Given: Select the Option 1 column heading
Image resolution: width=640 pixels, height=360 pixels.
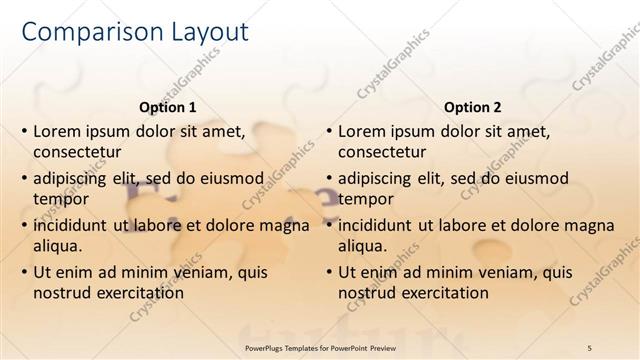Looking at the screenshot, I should coord(166,107).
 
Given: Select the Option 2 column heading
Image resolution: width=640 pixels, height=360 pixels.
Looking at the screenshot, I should coord(473,107).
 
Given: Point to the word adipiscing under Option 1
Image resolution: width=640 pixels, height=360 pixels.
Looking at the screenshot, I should coord(73,178).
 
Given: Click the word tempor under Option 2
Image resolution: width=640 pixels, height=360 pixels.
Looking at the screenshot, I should coord(362,199).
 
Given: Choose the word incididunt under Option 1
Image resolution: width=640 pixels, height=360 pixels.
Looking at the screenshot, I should coord(71,225).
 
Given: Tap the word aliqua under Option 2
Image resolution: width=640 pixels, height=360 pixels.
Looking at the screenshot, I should coord(364,246).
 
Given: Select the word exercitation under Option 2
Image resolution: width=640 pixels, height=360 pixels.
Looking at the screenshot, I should coord(441,293).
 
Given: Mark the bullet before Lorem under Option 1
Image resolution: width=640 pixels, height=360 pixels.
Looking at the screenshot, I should coord(24,132).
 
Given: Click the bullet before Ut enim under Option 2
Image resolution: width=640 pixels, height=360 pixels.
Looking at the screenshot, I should coord(329,273).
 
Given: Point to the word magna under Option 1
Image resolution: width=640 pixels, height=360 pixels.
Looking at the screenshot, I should coord(284,225).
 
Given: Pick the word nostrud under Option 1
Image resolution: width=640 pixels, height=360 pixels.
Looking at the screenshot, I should coord(60,293).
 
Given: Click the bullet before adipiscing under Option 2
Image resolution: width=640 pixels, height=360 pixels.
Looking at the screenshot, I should coord(329,179).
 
